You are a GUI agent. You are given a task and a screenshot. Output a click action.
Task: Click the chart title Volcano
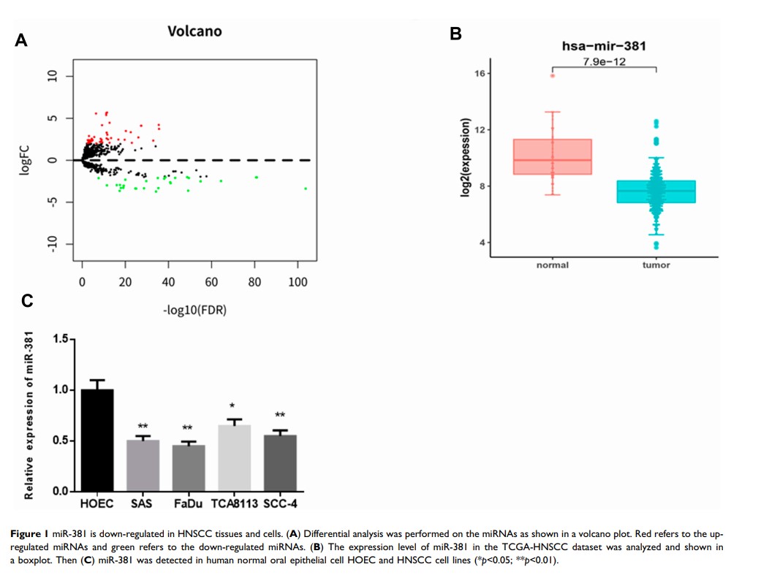coord(194,31)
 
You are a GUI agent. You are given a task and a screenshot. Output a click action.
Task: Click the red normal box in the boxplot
coord(553,156)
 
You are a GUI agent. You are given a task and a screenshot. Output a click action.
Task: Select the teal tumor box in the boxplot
coord(656,191)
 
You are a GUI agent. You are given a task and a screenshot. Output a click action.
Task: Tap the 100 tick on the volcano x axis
coord(298,282)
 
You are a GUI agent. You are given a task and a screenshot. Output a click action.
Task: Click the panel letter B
coord(455,34)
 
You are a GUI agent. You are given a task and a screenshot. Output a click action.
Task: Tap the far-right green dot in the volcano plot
coord(306,189)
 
